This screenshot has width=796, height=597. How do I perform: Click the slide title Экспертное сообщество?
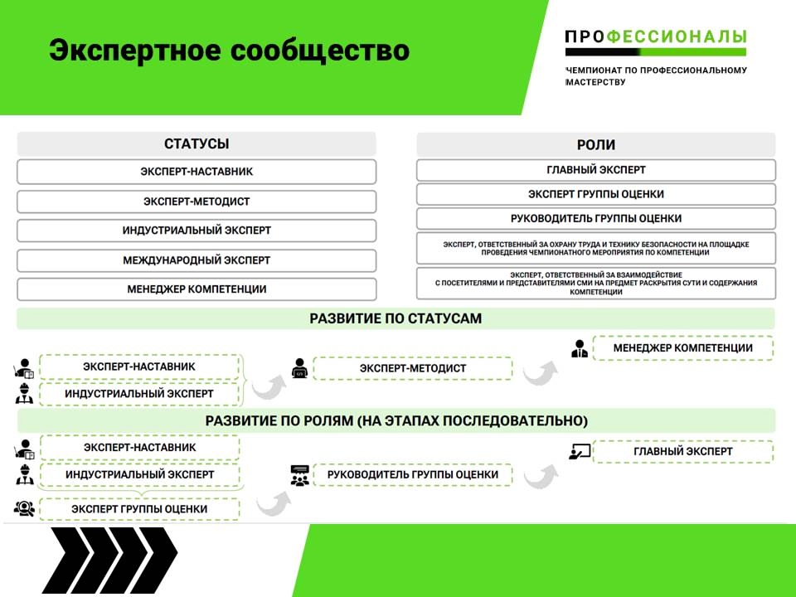point(229,50)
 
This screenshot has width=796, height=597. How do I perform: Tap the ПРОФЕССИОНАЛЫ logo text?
point(655,36)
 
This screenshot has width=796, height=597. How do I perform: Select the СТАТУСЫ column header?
point(197,144)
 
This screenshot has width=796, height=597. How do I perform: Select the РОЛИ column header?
point(595,144)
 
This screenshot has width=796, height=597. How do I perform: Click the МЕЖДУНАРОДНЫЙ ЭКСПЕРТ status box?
point(197,260)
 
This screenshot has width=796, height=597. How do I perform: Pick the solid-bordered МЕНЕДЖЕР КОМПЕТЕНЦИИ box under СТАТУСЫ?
point(197,289)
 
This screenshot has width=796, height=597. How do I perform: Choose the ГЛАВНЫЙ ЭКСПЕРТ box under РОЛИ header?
point(595,170)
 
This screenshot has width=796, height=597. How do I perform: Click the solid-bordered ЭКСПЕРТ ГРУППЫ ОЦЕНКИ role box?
point(595,194)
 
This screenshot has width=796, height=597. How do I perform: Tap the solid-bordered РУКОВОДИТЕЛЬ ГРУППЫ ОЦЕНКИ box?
point(595,219)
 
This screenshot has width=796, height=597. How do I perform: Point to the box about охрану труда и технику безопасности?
point(595,249)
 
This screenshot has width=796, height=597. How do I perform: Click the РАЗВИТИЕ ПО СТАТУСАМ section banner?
point(396,318)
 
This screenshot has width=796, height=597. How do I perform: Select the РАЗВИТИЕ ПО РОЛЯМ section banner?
point(396,420)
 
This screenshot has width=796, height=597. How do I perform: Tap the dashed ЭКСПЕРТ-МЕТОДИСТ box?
point(412,368)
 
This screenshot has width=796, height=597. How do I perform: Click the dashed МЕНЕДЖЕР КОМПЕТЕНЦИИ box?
point(682,348)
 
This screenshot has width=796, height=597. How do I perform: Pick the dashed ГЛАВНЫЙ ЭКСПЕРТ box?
point(682,452)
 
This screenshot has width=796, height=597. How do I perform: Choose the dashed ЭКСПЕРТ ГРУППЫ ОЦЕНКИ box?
point(138,508)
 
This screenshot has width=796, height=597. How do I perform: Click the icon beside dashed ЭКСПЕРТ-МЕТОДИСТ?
point(299,368)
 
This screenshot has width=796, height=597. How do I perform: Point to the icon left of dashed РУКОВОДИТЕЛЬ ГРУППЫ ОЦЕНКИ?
point(299,475)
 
